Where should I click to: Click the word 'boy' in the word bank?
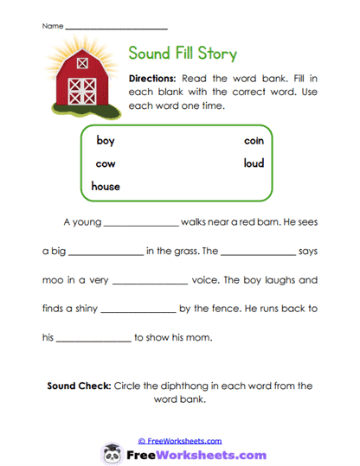pos(105,141)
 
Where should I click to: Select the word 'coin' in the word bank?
pos(253,141)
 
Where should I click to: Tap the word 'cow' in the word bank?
pos(106,163)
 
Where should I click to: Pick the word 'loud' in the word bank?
pos(253,163)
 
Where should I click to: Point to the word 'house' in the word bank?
pos(106,186)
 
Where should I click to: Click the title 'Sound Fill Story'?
pos(182,54)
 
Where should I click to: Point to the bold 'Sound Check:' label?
pos(78,386)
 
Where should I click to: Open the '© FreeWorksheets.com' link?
pos(180,440)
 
